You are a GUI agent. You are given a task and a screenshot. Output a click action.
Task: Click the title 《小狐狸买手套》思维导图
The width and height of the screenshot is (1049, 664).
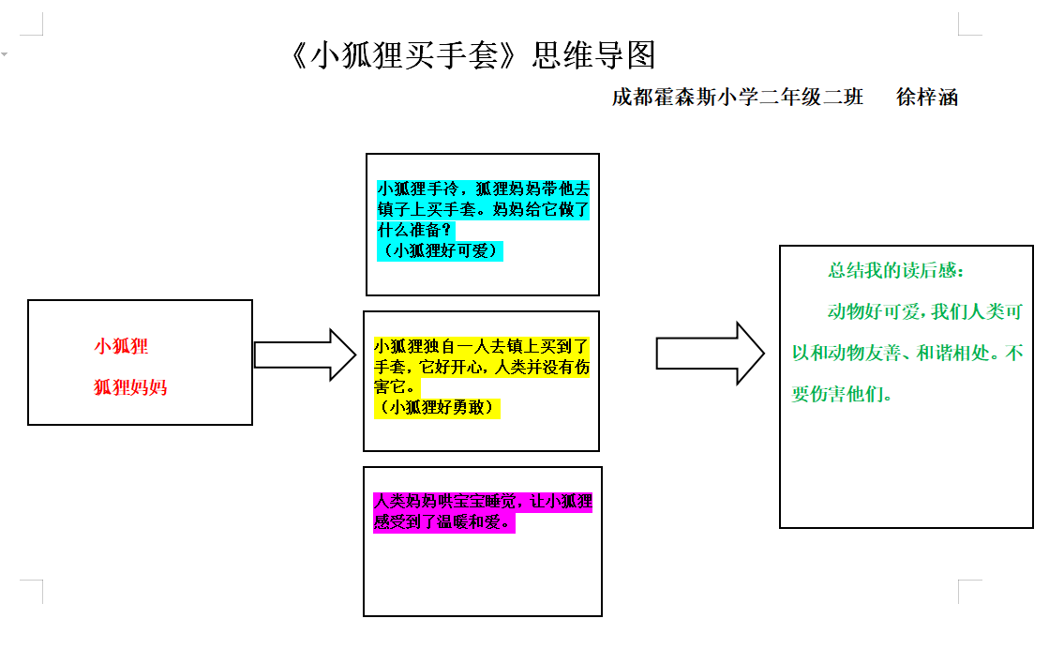coord(472,56)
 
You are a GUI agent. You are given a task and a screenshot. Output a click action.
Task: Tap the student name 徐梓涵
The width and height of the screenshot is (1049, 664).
coord(927,97)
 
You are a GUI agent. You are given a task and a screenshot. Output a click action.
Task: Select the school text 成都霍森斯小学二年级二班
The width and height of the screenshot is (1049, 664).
coord(737,97)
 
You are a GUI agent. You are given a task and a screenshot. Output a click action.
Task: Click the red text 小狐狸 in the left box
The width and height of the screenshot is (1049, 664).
coord(121,346)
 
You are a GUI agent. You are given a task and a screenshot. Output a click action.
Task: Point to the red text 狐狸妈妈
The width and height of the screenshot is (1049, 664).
coord(130,386)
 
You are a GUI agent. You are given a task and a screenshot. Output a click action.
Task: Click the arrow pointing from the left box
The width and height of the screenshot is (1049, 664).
coord(305,355)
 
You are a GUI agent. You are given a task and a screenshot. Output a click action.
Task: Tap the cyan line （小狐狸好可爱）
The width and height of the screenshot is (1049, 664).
coord(440,250)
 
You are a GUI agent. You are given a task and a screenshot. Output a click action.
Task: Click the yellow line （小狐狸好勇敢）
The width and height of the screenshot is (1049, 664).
coord(437,407)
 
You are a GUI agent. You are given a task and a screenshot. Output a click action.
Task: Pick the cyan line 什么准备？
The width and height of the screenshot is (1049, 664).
coord(415,230)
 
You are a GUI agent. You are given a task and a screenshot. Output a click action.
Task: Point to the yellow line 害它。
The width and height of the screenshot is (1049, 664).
coord(397,386)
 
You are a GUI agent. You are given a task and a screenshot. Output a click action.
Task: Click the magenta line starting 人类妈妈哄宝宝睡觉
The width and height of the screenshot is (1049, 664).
coord(483,502)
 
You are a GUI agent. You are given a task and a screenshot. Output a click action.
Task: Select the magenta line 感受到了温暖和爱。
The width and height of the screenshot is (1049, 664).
coord(444,522)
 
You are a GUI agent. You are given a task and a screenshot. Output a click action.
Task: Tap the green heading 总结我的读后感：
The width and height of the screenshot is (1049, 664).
coord(895,270)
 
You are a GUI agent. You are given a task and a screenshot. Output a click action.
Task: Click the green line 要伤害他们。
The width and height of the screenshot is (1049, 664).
coord(842,394)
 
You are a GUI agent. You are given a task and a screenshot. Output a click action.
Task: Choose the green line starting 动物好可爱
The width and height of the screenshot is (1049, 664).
coord(924,311)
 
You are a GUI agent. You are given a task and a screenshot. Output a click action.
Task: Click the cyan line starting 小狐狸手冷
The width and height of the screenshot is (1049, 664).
coord(483,189)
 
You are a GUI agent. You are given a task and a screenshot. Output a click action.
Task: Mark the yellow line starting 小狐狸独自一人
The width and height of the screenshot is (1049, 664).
coord(482,345)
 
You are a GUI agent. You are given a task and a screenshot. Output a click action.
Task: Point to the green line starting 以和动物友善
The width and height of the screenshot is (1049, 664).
coord(907,354)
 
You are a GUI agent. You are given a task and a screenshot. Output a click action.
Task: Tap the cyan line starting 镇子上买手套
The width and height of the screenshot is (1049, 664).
coord(483,209)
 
